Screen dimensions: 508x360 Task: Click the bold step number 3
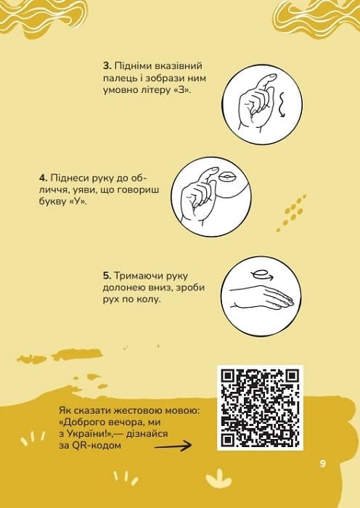[x=105, y=65]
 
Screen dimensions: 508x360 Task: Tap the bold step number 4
[x=43, y=177]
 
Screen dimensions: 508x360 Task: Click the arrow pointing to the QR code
[x=181, y=447]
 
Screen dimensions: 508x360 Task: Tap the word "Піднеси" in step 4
[x=69, y=177]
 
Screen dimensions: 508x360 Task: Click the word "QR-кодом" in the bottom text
[x=100, y=446]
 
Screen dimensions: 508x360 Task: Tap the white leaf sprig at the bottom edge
[x=216, y=480]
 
